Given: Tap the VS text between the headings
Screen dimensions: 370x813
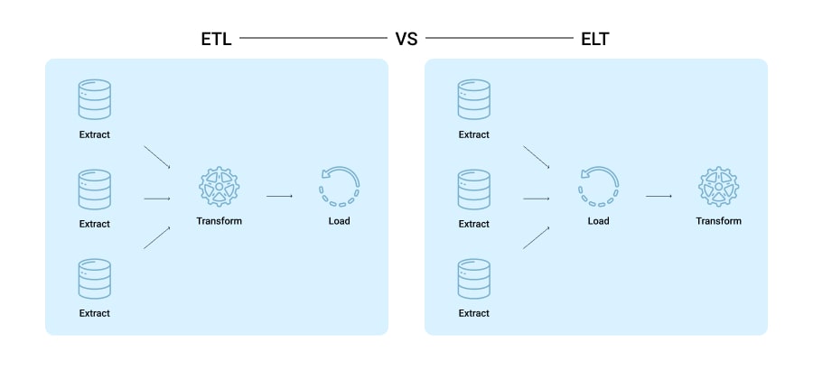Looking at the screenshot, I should pos(406,40).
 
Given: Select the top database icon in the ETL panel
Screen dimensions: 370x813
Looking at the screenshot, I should pos(94,99).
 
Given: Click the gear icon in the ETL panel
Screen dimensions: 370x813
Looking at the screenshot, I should pos(219,185).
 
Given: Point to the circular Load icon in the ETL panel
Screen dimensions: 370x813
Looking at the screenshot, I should pos(339,185).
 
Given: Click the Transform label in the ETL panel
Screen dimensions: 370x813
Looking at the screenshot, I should pos(219,221).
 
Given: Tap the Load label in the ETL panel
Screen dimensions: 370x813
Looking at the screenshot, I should pos(339,221).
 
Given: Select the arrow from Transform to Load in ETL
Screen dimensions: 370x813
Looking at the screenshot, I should pos(279,196).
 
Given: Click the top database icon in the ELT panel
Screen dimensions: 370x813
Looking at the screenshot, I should pos(473,99).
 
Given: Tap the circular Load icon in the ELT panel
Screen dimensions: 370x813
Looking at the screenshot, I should pos(598,185).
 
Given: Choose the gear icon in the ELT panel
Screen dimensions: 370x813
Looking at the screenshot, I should pos(718,185).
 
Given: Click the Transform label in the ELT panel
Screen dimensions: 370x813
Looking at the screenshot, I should pos(718,221).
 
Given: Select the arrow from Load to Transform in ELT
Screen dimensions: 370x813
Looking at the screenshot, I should pos(659,196).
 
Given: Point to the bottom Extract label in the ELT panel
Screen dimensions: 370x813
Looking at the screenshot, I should pos(473,313).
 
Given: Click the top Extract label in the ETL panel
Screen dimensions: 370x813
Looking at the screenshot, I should pos(94,134).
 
